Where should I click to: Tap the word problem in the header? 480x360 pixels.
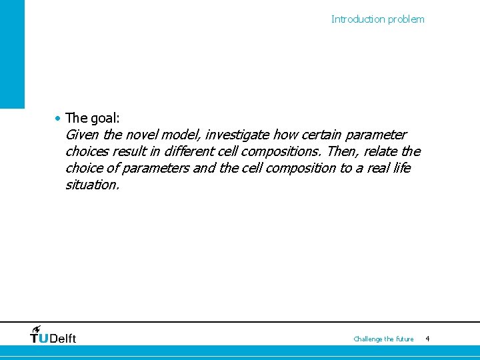point(407,19)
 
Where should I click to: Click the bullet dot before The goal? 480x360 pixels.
point(59,118)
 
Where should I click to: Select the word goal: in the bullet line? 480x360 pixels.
point(105,119)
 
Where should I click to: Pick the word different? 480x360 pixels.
point(188,152)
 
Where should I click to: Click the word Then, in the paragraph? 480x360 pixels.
point(344,152)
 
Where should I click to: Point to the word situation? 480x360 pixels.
point(92,185)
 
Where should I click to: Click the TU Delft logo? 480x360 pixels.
point(53,335)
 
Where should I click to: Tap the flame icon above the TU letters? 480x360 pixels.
point(35,329)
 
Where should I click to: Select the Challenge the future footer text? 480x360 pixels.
point(383,339)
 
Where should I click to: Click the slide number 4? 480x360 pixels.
point(427,339)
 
